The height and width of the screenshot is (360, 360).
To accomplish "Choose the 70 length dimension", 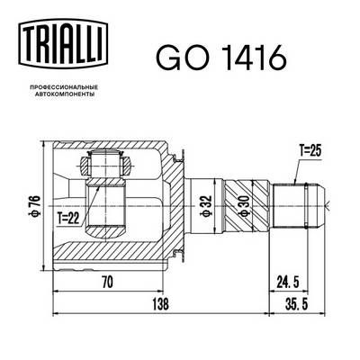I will pyautogui.click(x=107, y=282).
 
